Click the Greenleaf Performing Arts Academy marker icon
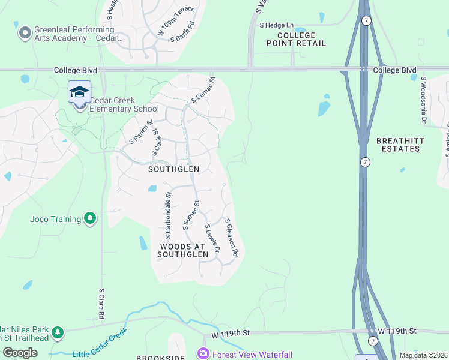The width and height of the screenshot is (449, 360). [x=25, y=32]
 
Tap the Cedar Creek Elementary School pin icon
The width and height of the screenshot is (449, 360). [x=79, y=94]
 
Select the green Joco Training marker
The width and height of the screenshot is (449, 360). [x=90, y=219]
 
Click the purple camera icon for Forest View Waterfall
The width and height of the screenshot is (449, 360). [x=203, y=353]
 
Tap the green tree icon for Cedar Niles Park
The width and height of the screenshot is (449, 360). [x=57, y=332]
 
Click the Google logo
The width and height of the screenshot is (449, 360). [x=20, y=352]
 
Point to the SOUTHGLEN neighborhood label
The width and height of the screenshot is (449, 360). [x=173, y=169]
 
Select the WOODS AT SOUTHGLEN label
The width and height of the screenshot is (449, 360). [x=183, y=251]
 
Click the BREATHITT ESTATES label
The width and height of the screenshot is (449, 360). [x=400, y=145]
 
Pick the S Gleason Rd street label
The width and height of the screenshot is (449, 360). [x=232, y=237]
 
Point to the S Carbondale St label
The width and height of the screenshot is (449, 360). [x=168, y=212]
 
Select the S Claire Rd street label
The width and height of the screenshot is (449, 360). [x=102, y=303]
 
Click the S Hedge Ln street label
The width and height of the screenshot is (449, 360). [x=276, y=25]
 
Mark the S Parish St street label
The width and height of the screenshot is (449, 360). [x=142, y=134]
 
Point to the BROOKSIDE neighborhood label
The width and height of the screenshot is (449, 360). [x=160, y=358]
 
